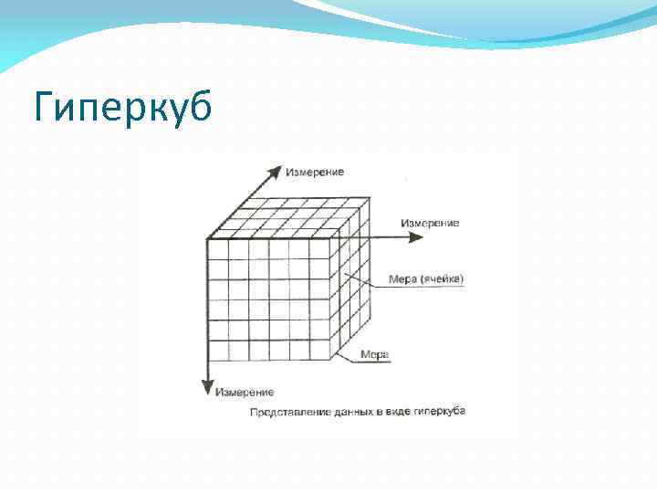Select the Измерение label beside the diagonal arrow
(315, 172)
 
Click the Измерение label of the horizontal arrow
(430, 222)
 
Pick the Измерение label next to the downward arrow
(244, 393)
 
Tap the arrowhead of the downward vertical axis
(207, 388)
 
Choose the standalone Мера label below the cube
(375, 353)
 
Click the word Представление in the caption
(288, 413)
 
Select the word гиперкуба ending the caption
(441, 412)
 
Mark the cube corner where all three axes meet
(207, 238)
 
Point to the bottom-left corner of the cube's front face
(207, 362)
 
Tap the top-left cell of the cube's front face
(217, 248)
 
